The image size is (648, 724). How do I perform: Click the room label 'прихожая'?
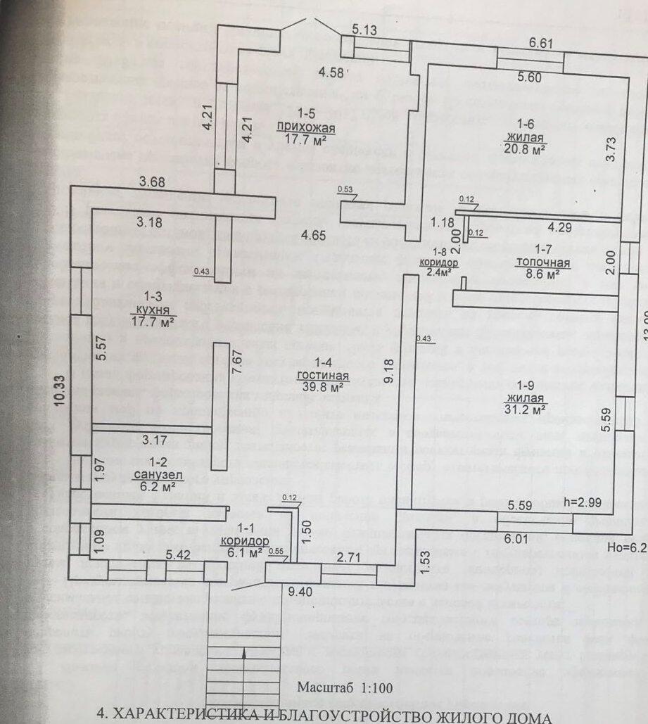[x=304, y=127]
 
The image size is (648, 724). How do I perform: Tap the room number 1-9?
[x=527, y=385]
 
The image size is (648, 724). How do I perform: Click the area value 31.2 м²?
[x=526, y=409]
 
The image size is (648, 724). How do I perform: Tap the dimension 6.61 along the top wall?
[x=541, y=43]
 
